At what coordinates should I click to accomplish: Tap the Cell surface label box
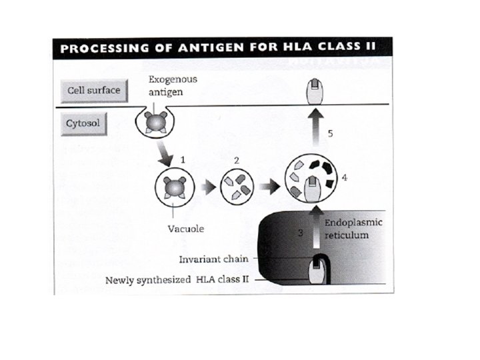click(x=93, y=90)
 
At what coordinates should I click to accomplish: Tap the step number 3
click(x=301, y=231)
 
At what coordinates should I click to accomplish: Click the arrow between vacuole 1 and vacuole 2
click(x=209, y=187)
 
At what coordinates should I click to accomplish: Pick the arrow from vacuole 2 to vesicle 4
click(x=269, y=187)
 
